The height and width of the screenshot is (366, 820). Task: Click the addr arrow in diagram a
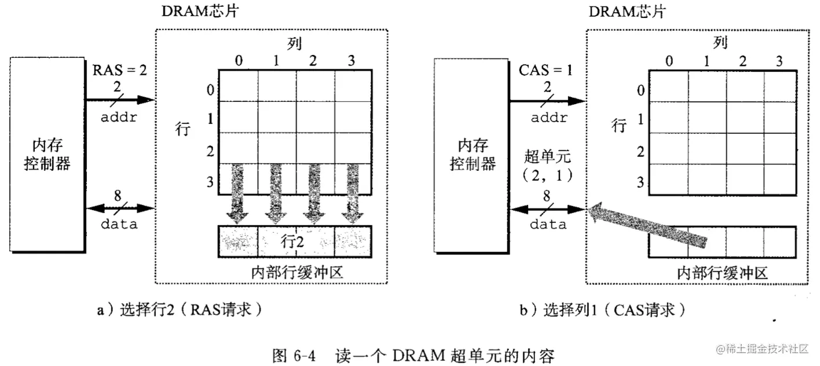(x=120, y=100)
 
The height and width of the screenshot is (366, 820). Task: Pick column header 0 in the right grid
(x=669, y=60)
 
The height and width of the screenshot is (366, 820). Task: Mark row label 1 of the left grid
(x=210, y=119)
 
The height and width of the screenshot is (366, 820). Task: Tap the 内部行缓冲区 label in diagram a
(x=297, y=272)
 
